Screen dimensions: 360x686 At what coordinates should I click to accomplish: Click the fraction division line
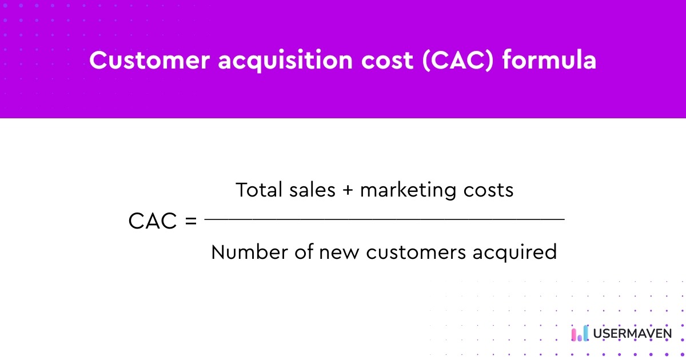384,219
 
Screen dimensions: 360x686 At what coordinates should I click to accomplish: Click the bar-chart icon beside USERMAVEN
579,333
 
